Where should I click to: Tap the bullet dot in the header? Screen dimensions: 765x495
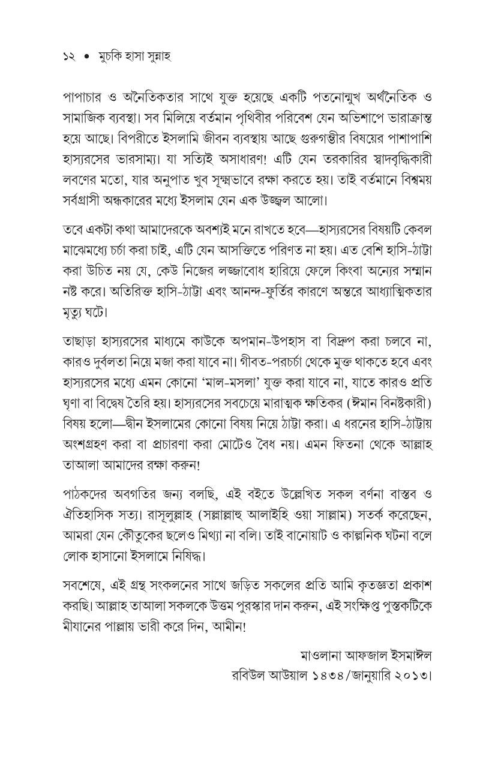coord(86,56)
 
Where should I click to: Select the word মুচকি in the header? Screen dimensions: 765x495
coord(110,56)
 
